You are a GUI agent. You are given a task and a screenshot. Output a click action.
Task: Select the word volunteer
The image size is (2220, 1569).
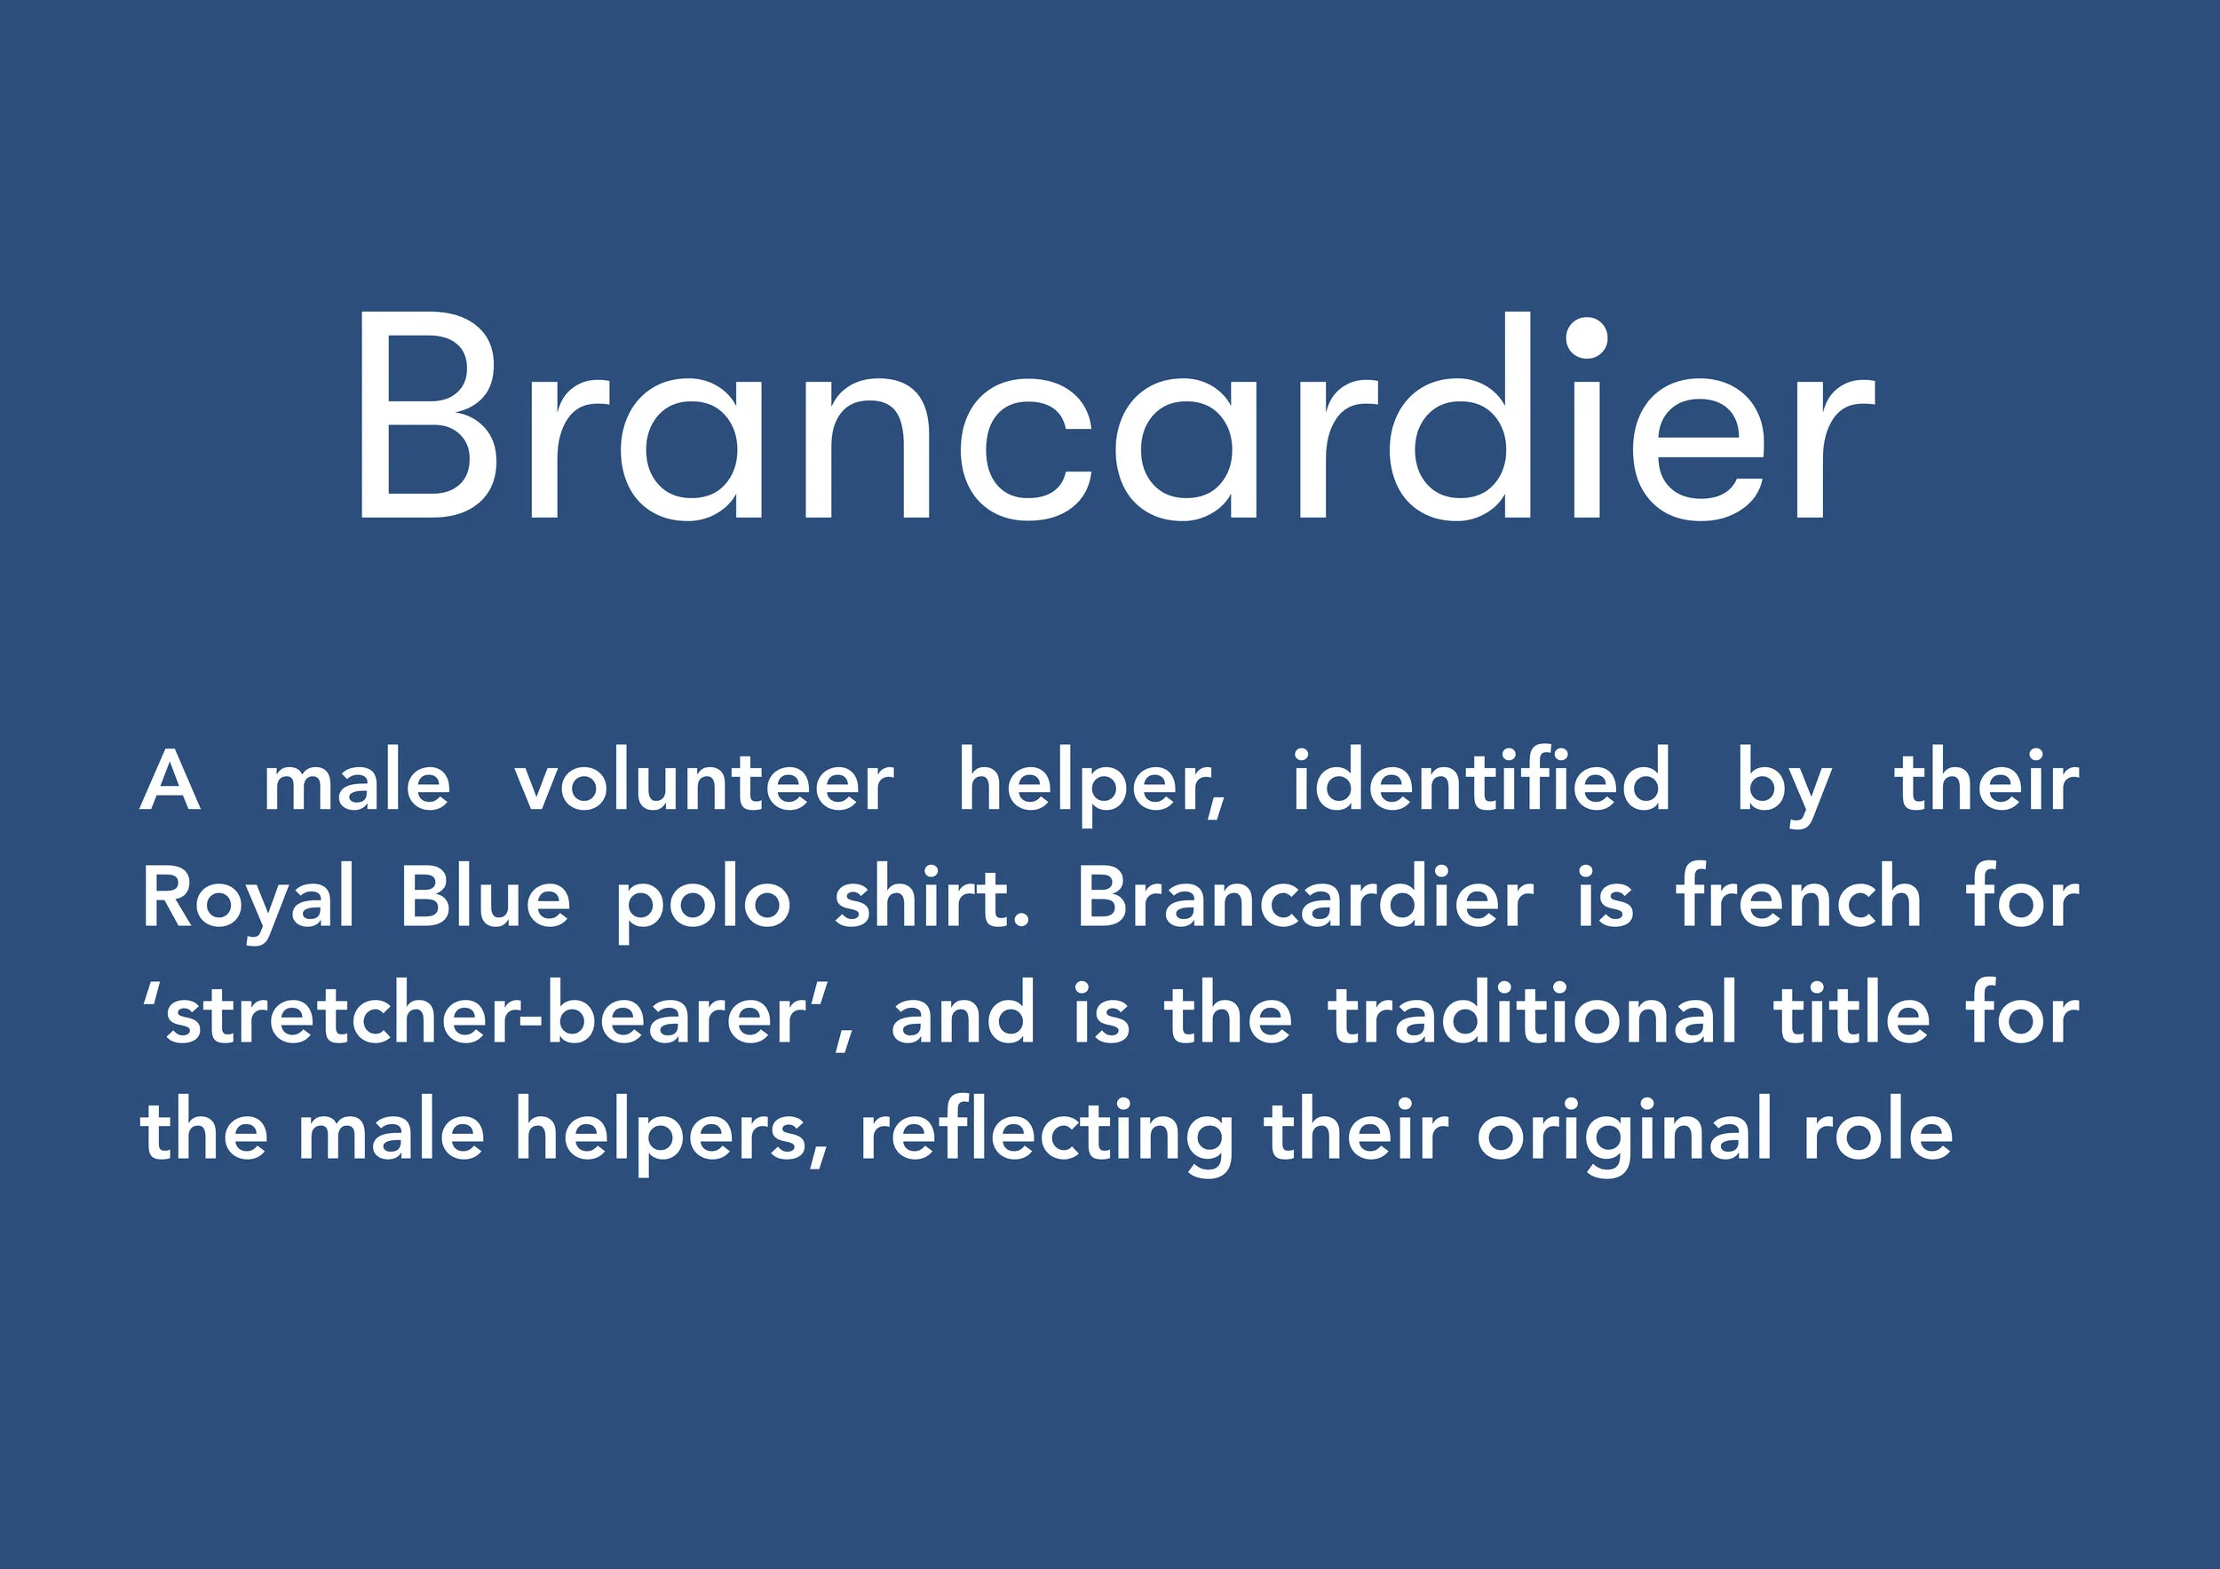tap(704, 783)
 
